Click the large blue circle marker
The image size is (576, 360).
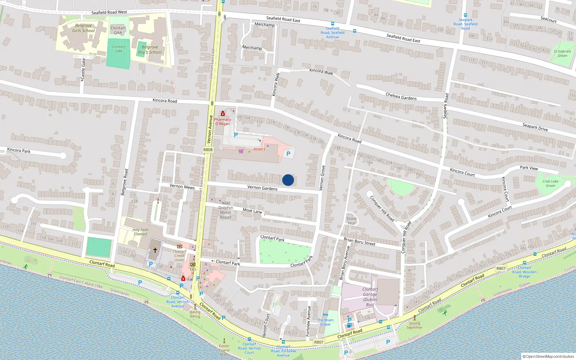tap(288, 180)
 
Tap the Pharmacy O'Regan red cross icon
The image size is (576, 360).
tap(223, 114)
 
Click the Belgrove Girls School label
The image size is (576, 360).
tap(84, 28)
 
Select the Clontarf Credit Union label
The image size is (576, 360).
tap(179, 256)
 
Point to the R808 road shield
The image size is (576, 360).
tap(208, 150)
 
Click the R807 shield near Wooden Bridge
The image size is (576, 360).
tap(501, 268)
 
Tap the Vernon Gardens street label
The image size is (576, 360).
tap(262, 188)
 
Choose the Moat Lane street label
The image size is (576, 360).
tap(252, 211)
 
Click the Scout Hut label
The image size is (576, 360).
tap(351, 221)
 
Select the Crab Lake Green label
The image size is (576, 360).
tap(550, 184)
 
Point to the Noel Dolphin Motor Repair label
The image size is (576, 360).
tap(226, 210)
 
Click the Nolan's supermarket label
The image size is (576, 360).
tap(259, 149)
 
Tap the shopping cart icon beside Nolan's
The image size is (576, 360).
tap(241, 151)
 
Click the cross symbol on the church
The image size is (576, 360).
tap(155, 249)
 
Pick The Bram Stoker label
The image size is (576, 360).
tap(325, 322)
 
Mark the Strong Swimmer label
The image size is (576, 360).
tap(414, 325)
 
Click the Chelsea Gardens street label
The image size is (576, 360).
tap(401, 97)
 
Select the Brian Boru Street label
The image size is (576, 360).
tap(359, 242)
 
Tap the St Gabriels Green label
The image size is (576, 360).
tap(562, 53)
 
